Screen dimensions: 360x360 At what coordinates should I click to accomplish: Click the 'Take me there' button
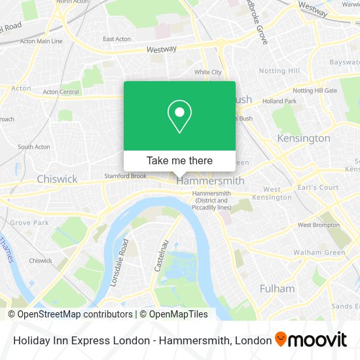179,160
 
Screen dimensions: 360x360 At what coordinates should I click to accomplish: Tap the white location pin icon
179,117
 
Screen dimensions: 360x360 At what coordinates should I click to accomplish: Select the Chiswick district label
57,179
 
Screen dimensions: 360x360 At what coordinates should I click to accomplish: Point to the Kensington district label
304,139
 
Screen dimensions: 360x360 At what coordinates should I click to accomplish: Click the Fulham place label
277,288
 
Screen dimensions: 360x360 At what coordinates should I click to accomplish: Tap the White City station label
207,72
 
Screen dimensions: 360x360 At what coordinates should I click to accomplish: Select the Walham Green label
319,253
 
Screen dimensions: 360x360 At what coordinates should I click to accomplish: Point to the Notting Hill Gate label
315,90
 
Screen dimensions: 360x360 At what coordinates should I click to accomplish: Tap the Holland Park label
279,101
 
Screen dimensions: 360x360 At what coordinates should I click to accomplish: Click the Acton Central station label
60,92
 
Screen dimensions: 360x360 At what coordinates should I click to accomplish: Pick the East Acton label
117,39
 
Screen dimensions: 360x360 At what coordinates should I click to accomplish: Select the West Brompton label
319,225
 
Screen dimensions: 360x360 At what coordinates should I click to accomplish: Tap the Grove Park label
29,223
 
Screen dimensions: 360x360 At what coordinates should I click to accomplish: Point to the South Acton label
34,147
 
